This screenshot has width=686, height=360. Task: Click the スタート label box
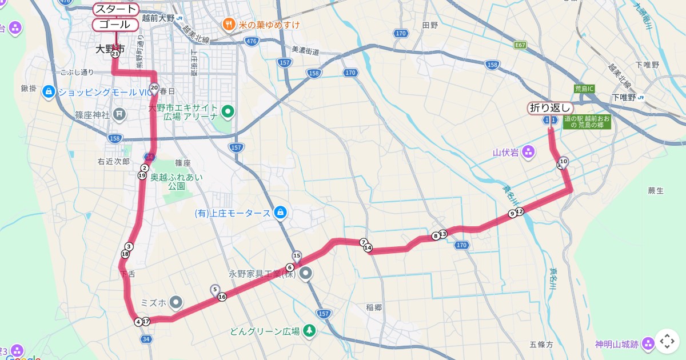(116, 9)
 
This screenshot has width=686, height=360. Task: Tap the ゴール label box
(115, 25)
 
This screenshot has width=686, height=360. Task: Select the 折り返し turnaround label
(550, 108)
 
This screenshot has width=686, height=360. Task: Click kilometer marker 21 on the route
(115, 54)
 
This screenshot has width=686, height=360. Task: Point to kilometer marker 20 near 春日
(154, 88)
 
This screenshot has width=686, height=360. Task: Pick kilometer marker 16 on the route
(222, 297)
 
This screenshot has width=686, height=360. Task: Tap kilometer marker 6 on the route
(290, 267)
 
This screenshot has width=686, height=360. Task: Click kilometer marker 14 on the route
(368, 248)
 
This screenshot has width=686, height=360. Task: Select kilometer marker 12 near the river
(520, 211)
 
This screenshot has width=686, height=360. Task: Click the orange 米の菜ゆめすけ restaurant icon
(229, 25)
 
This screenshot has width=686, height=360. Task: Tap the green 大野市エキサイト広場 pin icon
(228, 111)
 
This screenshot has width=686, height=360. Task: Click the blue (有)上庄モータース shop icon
(280, 213)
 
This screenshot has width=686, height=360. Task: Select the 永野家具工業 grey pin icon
(306, 274)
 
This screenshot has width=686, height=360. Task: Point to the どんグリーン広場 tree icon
(309, 331)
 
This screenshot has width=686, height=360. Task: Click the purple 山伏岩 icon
(528, 152)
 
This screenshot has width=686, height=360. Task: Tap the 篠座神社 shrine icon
(119, 114)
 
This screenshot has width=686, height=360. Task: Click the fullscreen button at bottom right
(667, 341)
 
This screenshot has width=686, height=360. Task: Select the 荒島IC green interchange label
(584, 89)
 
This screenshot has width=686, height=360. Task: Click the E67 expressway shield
(520, 45)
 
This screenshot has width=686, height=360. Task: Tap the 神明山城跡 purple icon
(648, 343)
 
